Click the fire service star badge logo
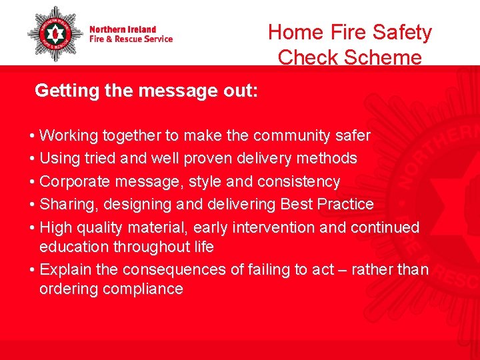click(x=55, y=34)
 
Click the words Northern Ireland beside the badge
click(x=123, y=29)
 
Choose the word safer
click(x=351, y=136)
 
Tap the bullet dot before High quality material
click(x=33, y=228)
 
